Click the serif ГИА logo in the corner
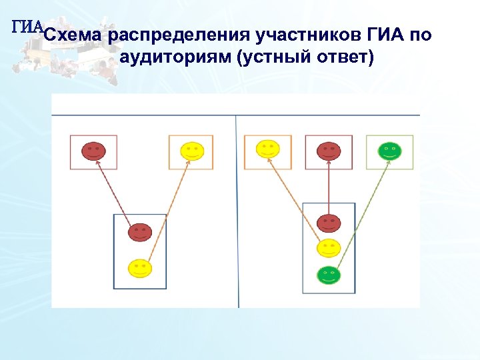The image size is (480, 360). pos(27,27)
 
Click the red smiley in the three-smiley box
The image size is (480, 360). pos(329,223)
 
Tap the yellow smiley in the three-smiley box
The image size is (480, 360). pos(329,248)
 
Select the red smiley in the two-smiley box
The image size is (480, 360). pos(140,232)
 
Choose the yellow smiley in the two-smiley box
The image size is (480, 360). pos(140,268)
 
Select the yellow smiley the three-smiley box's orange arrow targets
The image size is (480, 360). pos(267,149)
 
